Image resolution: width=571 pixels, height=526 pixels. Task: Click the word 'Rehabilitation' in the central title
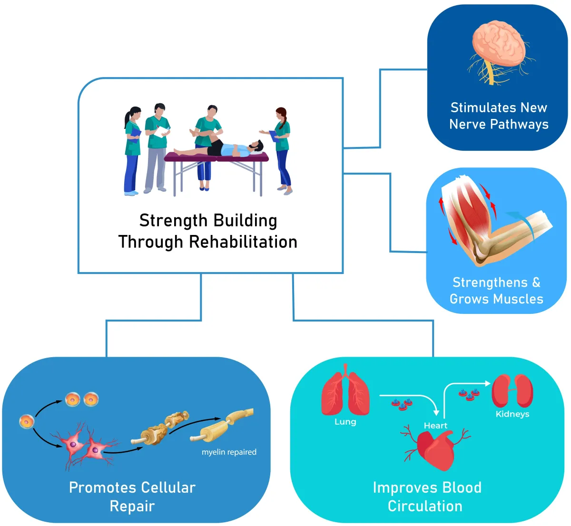(x=243, y=242)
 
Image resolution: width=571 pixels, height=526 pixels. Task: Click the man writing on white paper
(x=157, y=147)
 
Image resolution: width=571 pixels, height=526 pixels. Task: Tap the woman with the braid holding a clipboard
(x=279, y=150)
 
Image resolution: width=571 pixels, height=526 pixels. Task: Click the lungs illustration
(x=345, y=390)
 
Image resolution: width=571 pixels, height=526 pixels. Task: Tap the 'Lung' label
(x=345, y=421)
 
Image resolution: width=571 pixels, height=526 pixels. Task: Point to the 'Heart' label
(x=435, y=426)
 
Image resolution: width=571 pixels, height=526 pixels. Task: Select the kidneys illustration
(x=512, y=391)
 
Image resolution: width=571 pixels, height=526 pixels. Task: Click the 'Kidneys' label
(x=512, y=414)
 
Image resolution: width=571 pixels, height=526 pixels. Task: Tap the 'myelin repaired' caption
(x=229, y=452)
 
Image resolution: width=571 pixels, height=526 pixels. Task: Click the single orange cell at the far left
(x=27, y=421)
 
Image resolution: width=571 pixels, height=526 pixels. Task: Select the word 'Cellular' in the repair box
(x=168, y=487)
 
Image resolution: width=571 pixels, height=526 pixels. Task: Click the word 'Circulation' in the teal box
(x=425, y=507)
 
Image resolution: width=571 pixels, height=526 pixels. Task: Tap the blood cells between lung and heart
(x=402, y=404)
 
